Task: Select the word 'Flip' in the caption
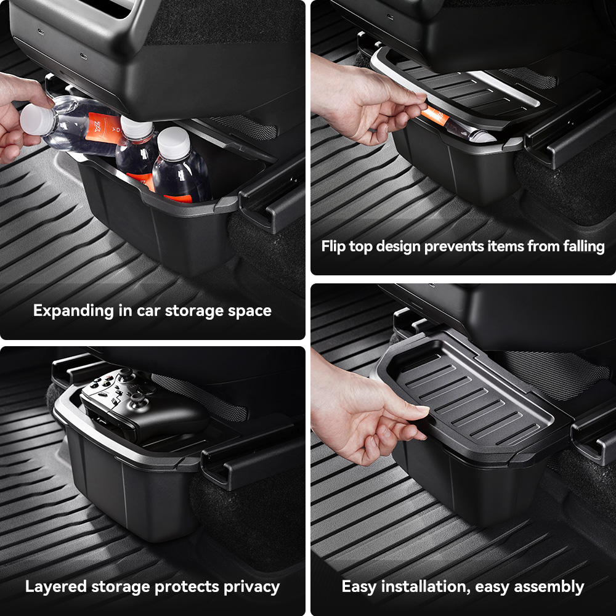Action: click(333, 246)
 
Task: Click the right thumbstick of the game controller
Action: click(138, 399)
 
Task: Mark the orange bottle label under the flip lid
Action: click(435, 116)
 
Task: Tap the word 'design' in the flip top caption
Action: click(399, 247)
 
